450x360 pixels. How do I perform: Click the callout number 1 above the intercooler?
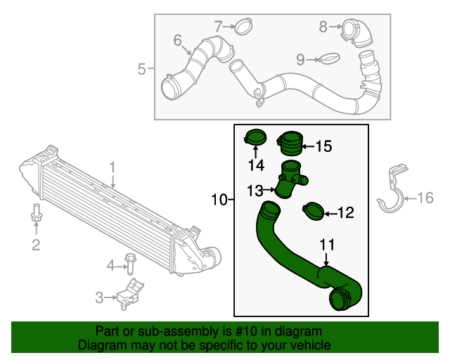[x=112, y=167]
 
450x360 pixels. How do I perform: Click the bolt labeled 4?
[x=130, y=264]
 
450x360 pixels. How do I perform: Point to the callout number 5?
[x=141, y=69]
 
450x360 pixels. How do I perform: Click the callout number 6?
[x=177, y=39]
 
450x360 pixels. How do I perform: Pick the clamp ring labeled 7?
[x=243, y=27]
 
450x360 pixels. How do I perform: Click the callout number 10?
[x=219, y=200]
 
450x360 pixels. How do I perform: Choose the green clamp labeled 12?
[x=313, y=210]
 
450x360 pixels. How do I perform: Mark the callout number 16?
[x=426, y=198]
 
